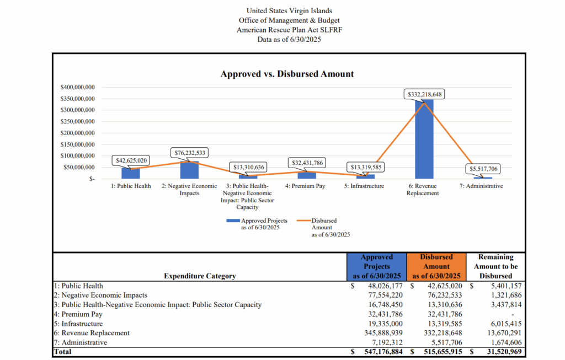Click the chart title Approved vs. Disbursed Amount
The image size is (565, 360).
[x=287, y=74]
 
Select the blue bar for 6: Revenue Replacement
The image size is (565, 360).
[x=424, y=139]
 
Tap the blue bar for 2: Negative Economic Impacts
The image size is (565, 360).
[x=190, y=170]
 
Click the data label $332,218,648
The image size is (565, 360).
[x=424, y=94]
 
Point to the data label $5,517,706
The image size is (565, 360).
[x=483, y=169]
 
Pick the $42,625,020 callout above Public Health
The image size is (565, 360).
[x=131, y=160]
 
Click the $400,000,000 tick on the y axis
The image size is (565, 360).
[x=77, y=87]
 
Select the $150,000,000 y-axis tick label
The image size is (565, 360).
[x=77, y=144]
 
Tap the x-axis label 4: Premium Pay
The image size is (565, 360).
[x=305, y=186]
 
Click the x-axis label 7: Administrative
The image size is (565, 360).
[x=481, y=186]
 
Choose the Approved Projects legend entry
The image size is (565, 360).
[x=257, y=224]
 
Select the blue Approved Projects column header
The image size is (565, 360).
[x=377, y=266]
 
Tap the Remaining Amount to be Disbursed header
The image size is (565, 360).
[x=496, y=266]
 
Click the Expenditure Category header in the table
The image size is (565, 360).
[x=200, y=276]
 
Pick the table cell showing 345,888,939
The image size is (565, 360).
[x=383, y=333]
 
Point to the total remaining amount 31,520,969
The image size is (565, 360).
[x=504, y=352]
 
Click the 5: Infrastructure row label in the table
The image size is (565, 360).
[x=78, y=324]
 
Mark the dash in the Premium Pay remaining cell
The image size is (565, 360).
[x=513, y=314]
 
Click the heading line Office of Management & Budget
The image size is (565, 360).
[x=289, y=20]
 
